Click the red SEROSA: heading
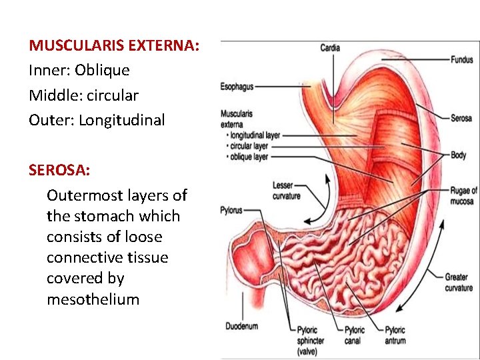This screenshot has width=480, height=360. tap(59, 170)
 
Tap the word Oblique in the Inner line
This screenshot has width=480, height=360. tap(102, 70)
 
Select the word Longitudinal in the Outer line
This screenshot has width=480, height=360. tap(121, 120)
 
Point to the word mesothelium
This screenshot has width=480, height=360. tap(93, 299)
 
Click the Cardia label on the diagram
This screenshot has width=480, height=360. tap(329, 48)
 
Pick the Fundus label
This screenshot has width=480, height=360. tap(461, 59)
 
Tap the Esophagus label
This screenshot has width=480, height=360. tap(237, 87)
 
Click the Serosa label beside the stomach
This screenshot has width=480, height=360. tap(461, 119)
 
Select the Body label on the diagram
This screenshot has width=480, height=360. tap(458, 155)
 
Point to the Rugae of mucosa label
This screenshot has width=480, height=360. tap(462, 195)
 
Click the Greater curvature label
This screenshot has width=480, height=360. tap(459, 282)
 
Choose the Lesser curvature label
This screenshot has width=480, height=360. tap(287, 191)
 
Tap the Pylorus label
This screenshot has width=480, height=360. tap(231, 211)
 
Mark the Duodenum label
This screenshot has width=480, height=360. tap(241, 327)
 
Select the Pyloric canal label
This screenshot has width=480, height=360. tap(354, 335)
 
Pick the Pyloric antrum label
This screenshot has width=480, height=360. tap(395, 335)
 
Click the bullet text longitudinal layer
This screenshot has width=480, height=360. tap(255, 135)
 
